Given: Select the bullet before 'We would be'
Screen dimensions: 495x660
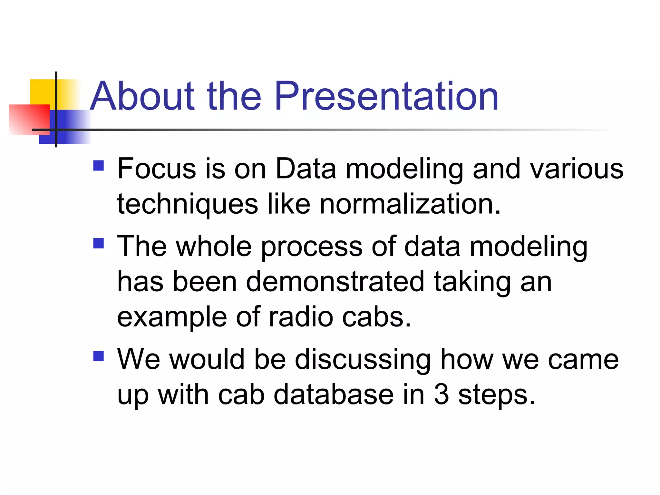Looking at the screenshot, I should [99, 356].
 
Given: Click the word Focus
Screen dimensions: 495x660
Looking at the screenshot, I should [157, 169].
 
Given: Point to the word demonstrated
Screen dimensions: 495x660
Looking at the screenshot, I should [335, 282].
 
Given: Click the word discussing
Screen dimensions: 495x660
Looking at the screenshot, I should [363, 360].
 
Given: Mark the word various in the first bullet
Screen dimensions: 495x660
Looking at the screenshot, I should [577, 169].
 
